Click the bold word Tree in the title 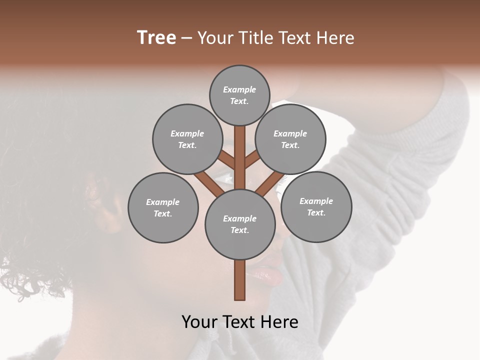(x=156, y=38)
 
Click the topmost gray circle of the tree (x=239, y=95)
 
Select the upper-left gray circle (x=187, y=139)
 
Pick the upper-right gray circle (x=290, y=139)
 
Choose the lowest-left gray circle (x=163, y=207)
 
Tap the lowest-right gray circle (x=316, y=206)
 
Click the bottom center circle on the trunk (x=240, y=224)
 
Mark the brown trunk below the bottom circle (x=239, y=279)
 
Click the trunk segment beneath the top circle (x=240, y=150)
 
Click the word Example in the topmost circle (x=239, y=89)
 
